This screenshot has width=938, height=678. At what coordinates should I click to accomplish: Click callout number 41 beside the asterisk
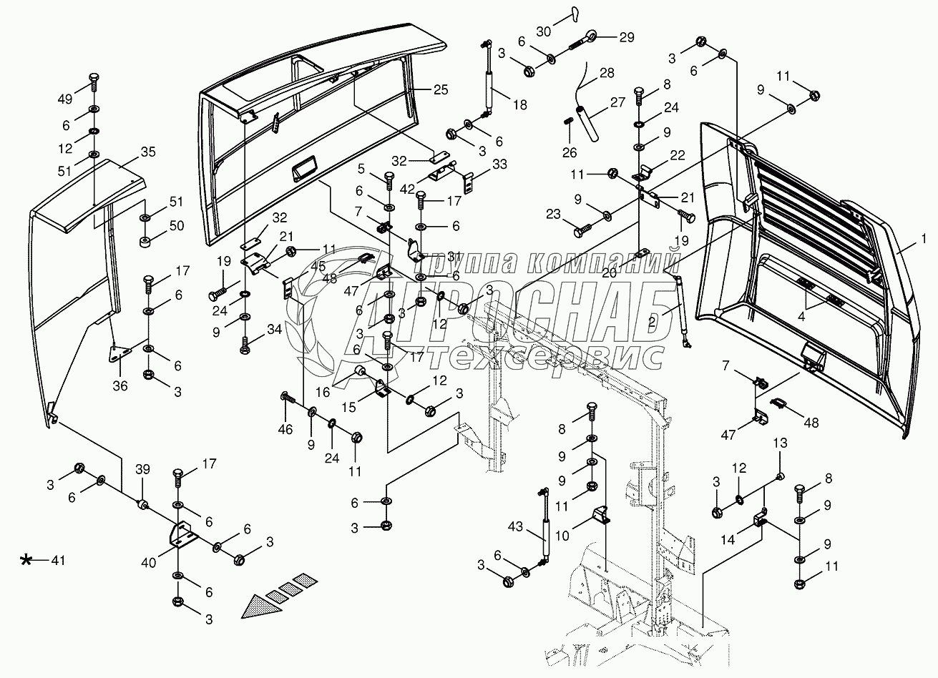point(58,561)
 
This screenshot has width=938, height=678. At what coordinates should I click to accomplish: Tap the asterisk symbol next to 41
point(27,560)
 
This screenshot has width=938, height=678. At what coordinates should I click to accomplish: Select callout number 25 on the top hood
point(441,89)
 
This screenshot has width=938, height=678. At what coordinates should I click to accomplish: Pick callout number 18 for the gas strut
point(520,104)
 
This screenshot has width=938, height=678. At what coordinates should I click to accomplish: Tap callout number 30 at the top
point(544,31)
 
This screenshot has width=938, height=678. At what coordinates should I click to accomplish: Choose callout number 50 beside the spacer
point(176,226)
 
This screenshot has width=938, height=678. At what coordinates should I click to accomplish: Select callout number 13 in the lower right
point(780,443)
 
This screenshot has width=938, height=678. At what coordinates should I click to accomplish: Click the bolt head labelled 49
point(94,77)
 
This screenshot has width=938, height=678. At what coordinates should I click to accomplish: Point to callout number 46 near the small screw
point(285,429)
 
